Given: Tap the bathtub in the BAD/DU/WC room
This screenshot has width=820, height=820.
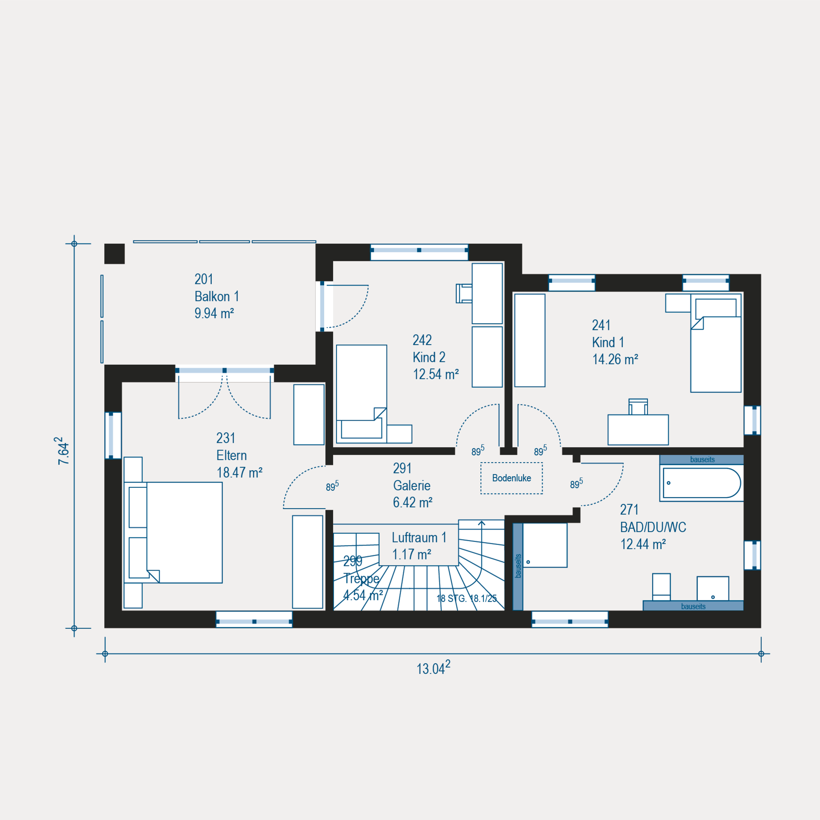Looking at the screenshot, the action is pos(702,483).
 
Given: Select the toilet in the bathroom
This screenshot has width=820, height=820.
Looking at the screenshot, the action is pos(662,587).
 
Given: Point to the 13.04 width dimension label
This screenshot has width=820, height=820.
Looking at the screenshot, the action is pos(433,668).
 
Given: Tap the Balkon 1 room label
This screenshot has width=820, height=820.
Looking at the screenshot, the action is pos(217,296).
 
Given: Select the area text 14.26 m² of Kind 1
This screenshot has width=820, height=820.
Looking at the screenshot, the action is pos(615,359).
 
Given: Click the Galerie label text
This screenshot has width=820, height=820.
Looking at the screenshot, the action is pos(412,486).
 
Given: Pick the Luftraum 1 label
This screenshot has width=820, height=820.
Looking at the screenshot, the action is pos(419,538).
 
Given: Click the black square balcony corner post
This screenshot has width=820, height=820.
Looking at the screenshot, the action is pos(114,254).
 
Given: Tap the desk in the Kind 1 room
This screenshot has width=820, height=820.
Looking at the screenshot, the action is pos(638,430).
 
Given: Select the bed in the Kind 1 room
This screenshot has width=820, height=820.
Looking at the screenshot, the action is pos(716,343).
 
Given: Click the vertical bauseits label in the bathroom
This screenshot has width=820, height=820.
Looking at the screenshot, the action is pos(518,566).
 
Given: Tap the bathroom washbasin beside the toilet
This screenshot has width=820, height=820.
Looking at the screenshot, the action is pos(713,589).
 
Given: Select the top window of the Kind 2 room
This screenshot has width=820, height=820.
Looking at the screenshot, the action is pos(419,252).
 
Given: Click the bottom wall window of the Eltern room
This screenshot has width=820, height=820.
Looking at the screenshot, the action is pos(254,619).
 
